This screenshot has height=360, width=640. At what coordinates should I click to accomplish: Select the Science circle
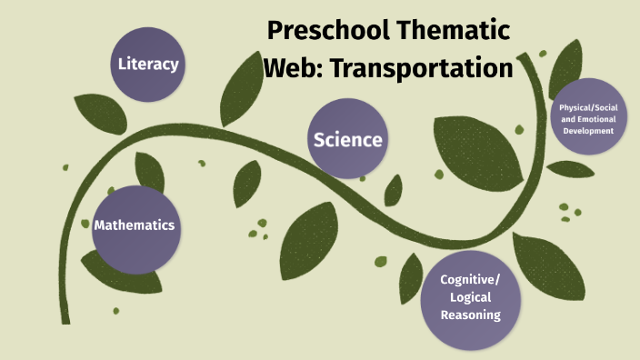click(347, 139)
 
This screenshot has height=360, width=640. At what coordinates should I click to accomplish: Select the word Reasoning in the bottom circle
click(470, 315)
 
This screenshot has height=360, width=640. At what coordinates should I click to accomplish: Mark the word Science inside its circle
click(347, 140)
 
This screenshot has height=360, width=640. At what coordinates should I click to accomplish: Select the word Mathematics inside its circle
click(134, 225)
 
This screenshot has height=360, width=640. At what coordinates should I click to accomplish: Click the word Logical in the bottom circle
click(470, 297)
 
